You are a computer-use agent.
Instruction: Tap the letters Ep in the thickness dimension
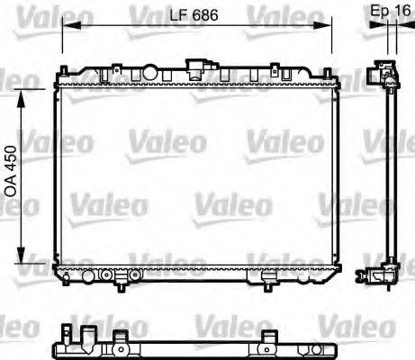[379, 11]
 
